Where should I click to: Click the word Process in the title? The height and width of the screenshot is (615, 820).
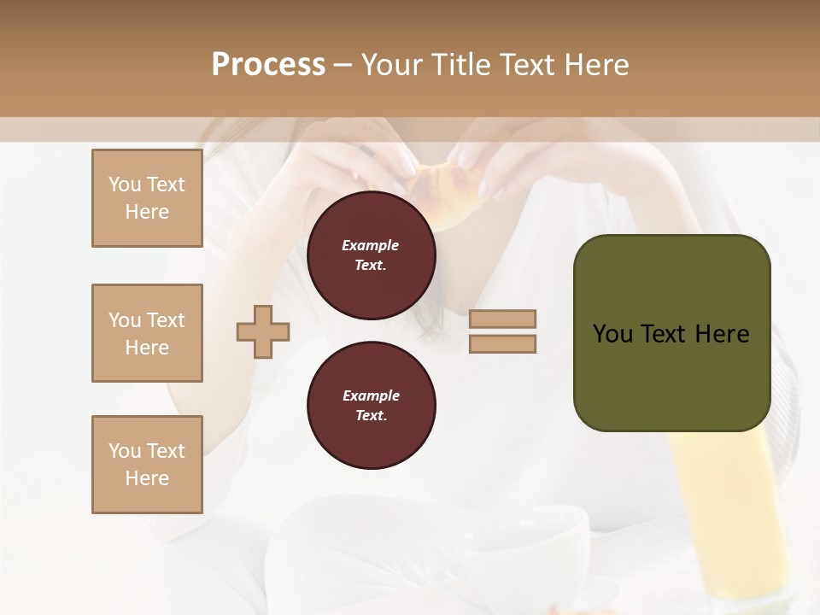268,64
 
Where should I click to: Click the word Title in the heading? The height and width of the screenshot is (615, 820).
459,64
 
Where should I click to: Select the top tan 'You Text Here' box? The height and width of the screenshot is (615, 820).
147,198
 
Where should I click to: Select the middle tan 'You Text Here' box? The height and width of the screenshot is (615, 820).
147,333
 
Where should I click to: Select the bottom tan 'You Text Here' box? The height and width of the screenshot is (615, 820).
147,465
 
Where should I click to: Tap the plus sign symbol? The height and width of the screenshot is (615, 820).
263,331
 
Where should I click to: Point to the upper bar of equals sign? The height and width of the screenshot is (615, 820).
502,319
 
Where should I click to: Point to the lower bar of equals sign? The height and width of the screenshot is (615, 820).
502,343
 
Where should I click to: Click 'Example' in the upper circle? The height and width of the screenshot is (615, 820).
371,245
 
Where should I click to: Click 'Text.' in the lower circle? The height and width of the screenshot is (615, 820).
371,415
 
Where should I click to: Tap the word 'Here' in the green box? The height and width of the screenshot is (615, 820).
721,333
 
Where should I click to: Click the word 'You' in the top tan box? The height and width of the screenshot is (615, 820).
125,184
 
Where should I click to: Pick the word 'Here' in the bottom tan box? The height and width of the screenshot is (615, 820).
147,478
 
